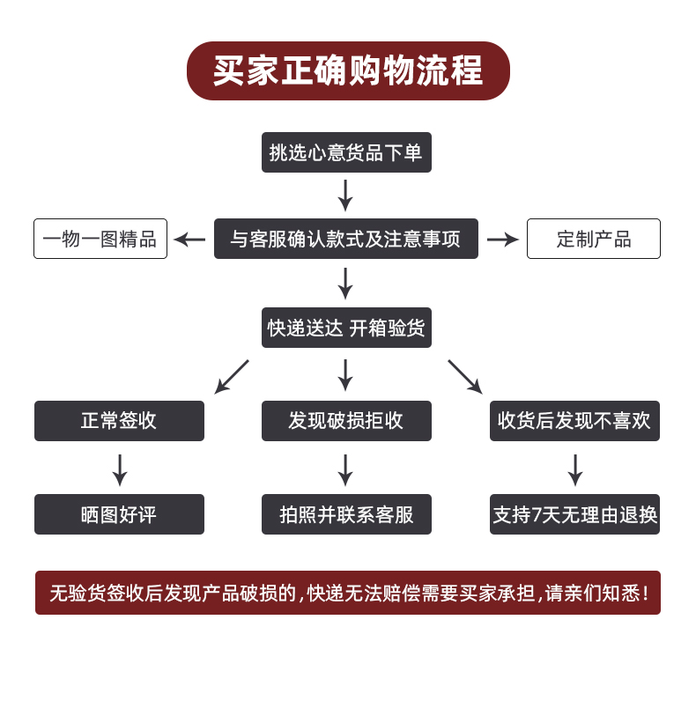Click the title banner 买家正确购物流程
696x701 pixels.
click(x=348, y=70)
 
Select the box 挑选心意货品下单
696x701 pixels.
click(x=346, y=152)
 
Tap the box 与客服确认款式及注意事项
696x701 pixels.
click(x=346, y=239)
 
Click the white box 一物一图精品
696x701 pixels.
click(x=100, y=239)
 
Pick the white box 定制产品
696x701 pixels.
click(x=594, y=239)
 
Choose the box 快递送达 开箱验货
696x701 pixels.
click(x=346, y=328)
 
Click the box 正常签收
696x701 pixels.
click(x=120, y=421)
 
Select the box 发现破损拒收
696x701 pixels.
click(x=346, y=421)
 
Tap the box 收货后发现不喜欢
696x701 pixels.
click(x=574, y=421)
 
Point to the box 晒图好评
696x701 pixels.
click(x=120, y=514)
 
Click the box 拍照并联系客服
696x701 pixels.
click(x=346, y=514)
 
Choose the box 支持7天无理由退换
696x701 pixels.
click(x=574, y=514)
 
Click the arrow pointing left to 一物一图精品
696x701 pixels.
click(x=189, y=240)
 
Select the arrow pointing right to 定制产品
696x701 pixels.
click(x=503, y=240)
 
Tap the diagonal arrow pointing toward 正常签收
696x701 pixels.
click(x=232, y=377)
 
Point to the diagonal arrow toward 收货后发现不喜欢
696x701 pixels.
click(x=465, y=377)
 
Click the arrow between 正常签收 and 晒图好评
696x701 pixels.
click(x=120, y=470)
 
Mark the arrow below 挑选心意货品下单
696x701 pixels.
click(x=345, y=196)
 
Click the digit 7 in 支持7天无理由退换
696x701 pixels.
click(x=537, y=514)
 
